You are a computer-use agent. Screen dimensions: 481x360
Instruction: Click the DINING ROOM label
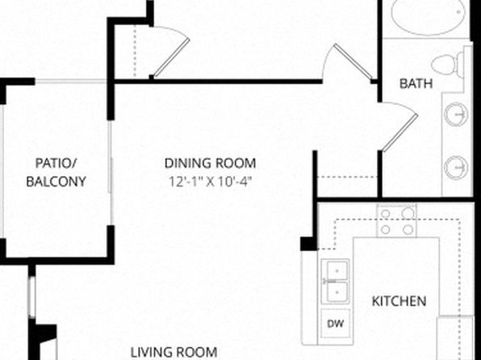[x=210, y=163]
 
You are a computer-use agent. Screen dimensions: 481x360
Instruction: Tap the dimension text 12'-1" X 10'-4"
[x=211, y=182]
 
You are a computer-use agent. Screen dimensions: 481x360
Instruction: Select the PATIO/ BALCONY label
[x=56, y=172]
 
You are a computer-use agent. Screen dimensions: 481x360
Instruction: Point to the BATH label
[x=416, y=83]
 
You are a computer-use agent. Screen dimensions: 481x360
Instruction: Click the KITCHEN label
[x=399, y=301]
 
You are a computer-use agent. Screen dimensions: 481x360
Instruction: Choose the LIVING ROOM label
[x=174, y=352]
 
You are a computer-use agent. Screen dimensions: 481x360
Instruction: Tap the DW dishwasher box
[x=335, y=324]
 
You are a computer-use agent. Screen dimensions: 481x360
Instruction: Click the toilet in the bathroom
[x=450, y=65]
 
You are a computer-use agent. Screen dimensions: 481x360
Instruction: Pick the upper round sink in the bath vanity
[x=456, y=115]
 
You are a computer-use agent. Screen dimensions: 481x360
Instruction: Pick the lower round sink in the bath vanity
[x=456, y=168]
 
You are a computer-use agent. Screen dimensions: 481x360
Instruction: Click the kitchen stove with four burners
[x=396, y=221]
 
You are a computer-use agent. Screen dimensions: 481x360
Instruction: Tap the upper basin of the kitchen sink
[x=337, y=270]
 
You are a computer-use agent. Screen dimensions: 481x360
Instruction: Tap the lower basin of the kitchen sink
[x=337, y=292]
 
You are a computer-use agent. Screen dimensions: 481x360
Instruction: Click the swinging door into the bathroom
[x=399, y=127]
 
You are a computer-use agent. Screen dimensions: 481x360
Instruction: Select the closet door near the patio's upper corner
[x=171, y=52]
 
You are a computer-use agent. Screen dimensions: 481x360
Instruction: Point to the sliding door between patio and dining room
[x=111, y=172]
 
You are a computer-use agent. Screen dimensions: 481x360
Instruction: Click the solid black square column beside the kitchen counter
[x=308, y=244]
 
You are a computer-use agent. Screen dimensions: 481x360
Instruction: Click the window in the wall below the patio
[x=31, y=297]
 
